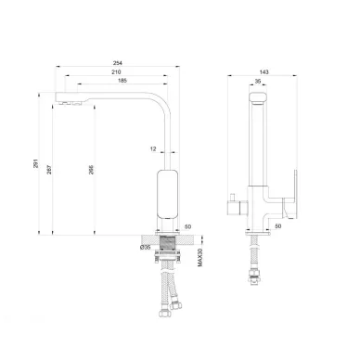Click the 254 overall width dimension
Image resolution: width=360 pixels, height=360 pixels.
click(x=118, y=63)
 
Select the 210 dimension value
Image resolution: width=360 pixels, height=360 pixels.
click(x=116, y=72)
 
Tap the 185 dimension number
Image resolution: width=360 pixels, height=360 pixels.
click(x=122, y=81)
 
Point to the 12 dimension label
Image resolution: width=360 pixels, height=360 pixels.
click(x=153, y=148)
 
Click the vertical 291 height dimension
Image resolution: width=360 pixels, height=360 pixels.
click(x=36, y=163)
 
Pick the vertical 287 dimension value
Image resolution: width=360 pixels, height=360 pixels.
click(x=49, y=170)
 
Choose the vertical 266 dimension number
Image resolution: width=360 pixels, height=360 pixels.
click(x=91, y=170)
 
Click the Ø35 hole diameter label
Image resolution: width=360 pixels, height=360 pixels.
click(x=145, y=247)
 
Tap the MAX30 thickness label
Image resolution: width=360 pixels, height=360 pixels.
click(x=199, y=257)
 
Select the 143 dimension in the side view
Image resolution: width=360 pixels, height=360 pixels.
click(x=264, y=72)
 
